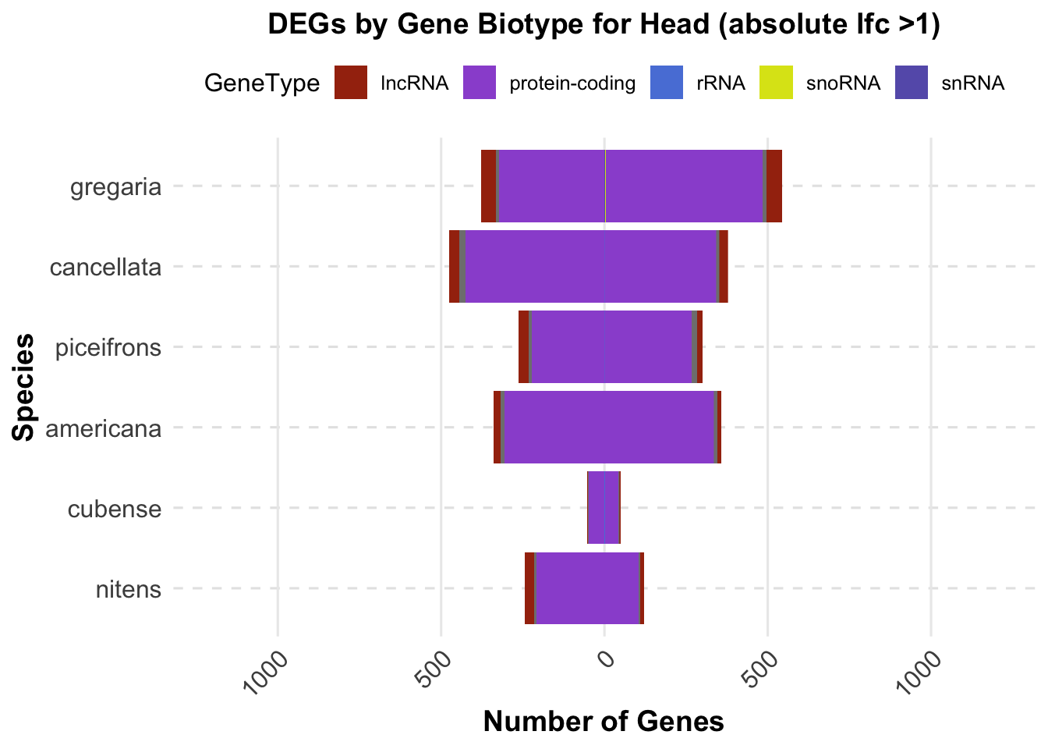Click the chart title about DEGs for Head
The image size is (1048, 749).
604,25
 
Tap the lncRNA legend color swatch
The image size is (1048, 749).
351,83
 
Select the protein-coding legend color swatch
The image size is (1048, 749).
480,83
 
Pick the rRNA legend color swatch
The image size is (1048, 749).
667,83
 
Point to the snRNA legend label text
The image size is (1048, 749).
972,83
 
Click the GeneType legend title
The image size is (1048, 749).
262,83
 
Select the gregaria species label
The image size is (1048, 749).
116,188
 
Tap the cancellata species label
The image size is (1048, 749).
105,268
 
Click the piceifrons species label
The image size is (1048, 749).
108,348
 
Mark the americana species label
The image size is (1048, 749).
104,429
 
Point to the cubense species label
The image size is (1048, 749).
115,509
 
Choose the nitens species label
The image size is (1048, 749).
129,590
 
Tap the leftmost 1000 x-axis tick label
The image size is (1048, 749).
267,673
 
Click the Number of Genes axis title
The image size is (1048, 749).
604,722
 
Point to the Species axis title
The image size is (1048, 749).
25,388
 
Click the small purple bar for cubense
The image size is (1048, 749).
604,507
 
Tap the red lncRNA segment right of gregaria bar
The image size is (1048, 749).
774,186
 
